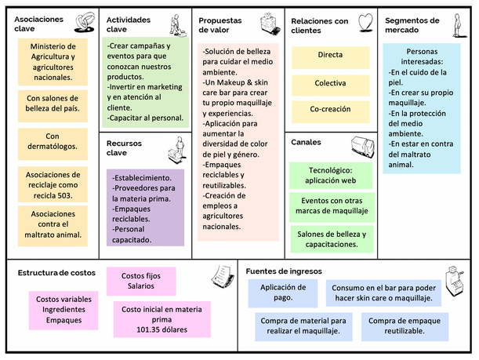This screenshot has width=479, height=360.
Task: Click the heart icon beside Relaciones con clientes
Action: pyautogui.click(x=365, y=23)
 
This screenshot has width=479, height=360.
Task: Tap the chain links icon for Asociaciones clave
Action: pyautogui.click(x=85, y=22)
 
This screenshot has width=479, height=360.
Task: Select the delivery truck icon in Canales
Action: pyautogui.click(x=363, y=147)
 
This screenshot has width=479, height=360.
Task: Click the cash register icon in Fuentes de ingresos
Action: pyautogui.click(x=454, y=282)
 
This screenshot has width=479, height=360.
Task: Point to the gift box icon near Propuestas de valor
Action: pyautogui.click(x=270, y=24)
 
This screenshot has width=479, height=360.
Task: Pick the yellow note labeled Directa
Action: pyautogui.click(x=330, y=57)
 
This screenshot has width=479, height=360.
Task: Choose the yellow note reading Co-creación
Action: pyautogui.click(x=330, y=112)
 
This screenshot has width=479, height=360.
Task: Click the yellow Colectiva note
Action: pyautogui.click(x=330, y=85)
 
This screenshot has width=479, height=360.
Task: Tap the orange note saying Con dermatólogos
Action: pyautogui.click(x=53, y=144)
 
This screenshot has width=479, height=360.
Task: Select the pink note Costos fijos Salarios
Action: pyautogui.click(x=141, y=281)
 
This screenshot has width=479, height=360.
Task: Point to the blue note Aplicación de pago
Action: pyautogui.click(x=282, y=293)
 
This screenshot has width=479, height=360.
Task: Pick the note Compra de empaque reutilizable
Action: pyautogui.click(x=405, y=326)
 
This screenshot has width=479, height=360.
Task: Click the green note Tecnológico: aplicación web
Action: pyautogui.click(x=331, y=176)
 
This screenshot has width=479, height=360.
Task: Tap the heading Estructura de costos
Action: pyautogui.click(x=56, y=273)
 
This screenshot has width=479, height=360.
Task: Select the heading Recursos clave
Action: pyautogui.click(x=124, y=148)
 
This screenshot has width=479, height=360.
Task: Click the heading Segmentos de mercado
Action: pyautogui.click(x=412, y=25)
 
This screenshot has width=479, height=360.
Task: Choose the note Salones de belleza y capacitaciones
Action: pyautogui.click(x=332, y=239)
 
